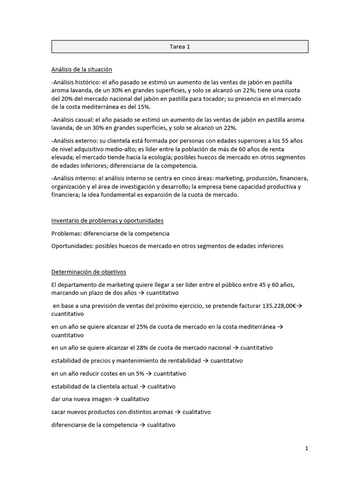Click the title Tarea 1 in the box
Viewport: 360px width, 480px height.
(x=180, y=47)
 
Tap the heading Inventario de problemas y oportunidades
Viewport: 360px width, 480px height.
(x=107, y=221)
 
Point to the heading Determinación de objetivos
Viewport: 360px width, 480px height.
(x=89, y=272)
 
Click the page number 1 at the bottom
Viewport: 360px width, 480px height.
(x=307, y=448)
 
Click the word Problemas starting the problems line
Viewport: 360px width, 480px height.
(x=66, y=233)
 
